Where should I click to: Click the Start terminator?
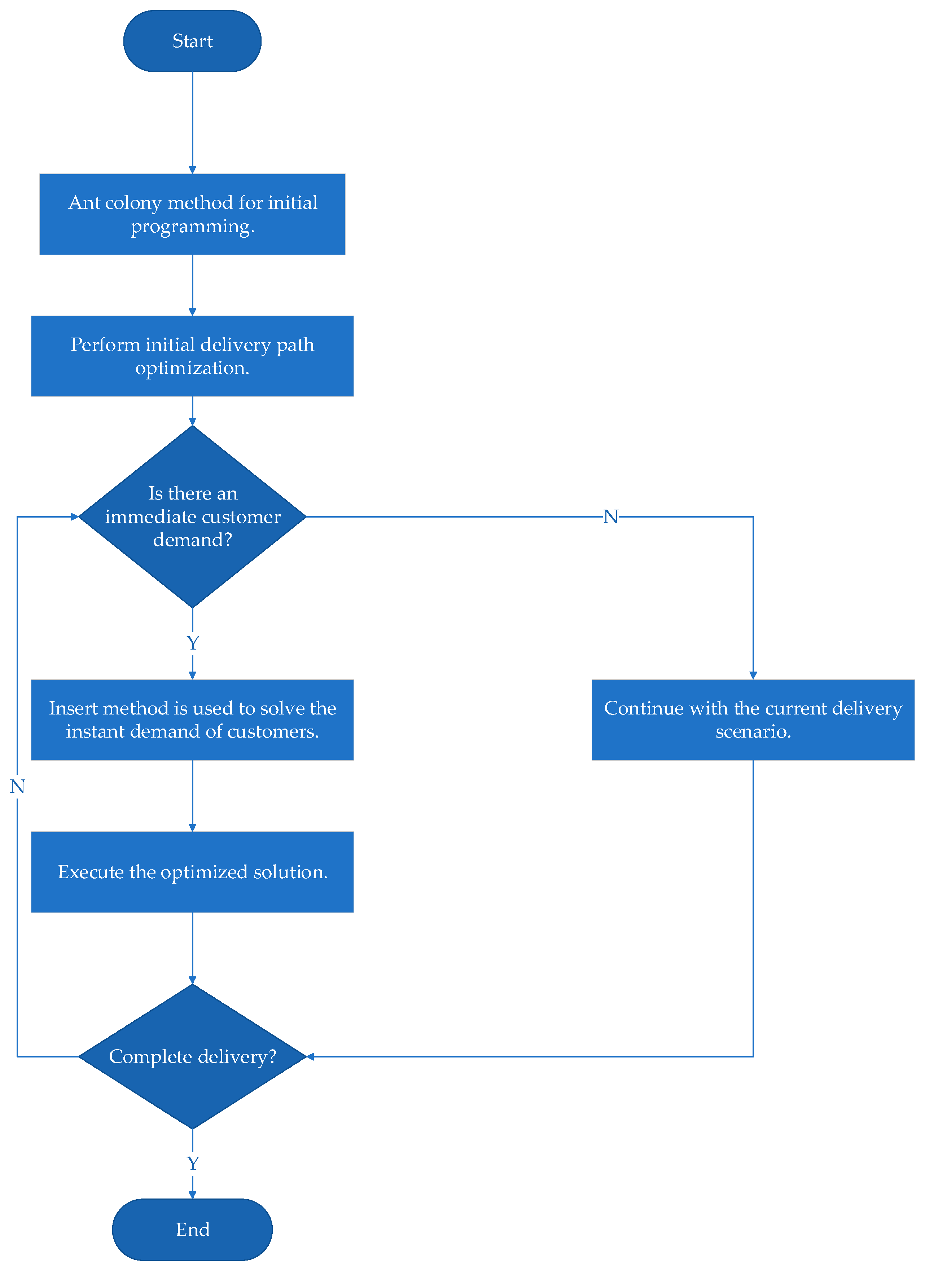click(192, 41)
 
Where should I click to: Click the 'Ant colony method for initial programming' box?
click(192, 214)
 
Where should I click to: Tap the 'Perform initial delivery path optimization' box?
click(192, 356)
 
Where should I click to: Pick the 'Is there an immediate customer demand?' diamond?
click(192, 516)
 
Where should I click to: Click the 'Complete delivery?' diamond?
click(192, 1056)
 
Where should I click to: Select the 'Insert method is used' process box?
click(192, 720)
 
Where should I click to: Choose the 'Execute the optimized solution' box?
click(192, 872)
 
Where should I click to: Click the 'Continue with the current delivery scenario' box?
click(753, 720)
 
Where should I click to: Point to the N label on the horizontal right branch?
click(610, 516)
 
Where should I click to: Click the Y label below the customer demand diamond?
click(192, 643)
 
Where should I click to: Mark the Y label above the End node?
click(192, 1164)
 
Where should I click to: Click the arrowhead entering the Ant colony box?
click(192, 170)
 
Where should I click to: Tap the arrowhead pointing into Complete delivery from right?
click(310, 1056)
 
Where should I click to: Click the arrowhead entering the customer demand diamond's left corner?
click(75, 516)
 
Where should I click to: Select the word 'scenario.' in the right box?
click(753, 732)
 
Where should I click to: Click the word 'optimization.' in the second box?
click(192, 368)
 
